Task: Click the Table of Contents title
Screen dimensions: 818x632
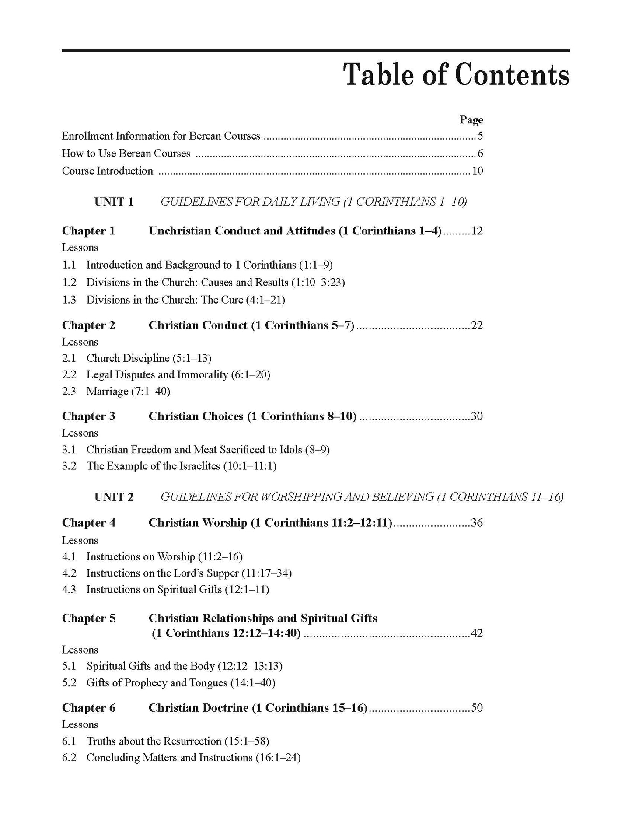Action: [456, 75]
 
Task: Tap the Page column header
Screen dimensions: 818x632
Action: [471, 120]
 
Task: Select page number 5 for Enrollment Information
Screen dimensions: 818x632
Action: [480, 136]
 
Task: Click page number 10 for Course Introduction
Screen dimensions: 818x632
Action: [477, 171]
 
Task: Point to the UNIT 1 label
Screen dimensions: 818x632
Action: [114, 202]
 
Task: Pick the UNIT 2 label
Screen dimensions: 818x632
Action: [114, 497]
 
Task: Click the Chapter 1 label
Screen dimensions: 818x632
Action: [88, 231]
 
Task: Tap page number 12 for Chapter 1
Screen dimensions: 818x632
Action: [477, 231]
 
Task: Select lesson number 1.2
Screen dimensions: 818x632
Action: [69, 282]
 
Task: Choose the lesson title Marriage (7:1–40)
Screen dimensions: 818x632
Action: [128, 391]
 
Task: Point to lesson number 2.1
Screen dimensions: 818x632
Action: [69, 358]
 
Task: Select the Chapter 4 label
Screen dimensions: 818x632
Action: [88, 523]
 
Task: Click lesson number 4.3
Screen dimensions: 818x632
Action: [69, 589]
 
